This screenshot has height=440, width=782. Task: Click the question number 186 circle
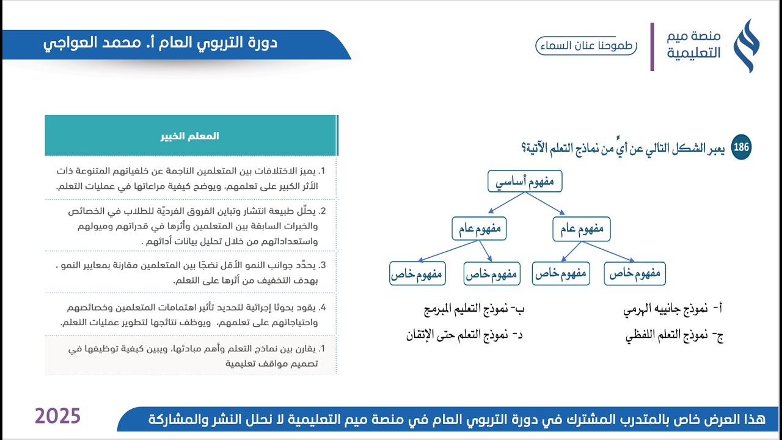741,148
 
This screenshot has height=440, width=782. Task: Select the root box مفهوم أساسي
525,182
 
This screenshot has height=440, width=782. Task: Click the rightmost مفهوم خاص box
635,274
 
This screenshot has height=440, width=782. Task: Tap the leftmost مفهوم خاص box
418,274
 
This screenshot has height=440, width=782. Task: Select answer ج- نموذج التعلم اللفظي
674,335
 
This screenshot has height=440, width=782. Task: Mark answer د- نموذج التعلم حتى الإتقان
465,335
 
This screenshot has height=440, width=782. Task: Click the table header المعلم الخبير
191,136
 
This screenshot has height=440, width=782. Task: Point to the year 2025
57,416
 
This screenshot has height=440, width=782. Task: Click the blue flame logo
746,46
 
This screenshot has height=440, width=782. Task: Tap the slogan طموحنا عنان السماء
586,46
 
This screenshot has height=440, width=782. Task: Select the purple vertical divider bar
652,46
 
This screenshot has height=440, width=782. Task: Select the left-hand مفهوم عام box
480,229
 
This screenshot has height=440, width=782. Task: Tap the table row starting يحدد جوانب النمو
191,273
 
